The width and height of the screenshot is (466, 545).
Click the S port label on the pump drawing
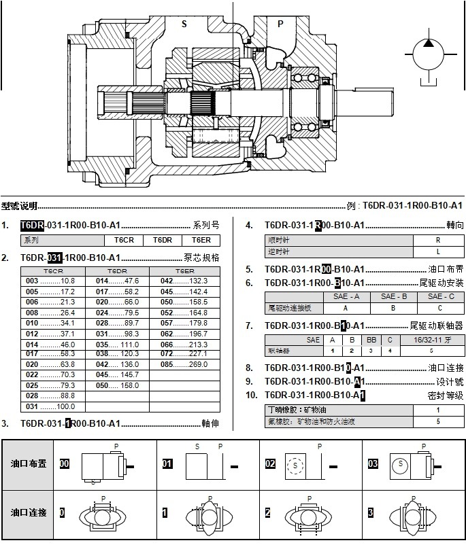coord(184,23)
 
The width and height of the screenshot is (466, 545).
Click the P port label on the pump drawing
coord(280,23)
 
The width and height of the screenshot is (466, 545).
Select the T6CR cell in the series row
coord(124,240)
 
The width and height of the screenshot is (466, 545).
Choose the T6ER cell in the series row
coord(201,240)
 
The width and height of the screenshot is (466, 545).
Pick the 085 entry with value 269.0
coord(184,364)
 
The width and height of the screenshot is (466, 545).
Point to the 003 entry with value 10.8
coord(50,281)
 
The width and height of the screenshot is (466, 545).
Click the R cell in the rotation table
coord(437,240)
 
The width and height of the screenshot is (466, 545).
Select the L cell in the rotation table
coord(437,251)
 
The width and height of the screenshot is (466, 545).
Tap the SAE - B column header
coord(393,296)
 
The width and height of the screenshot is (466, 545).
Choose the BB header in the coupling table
coord(371,339)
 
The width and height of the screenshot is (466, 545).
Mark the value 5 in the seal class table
coord(438,421)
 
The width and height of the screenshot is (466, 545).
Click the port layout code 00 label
coord(65,463)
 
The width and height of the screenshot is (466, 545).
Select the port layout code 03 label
coord(372,463)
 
